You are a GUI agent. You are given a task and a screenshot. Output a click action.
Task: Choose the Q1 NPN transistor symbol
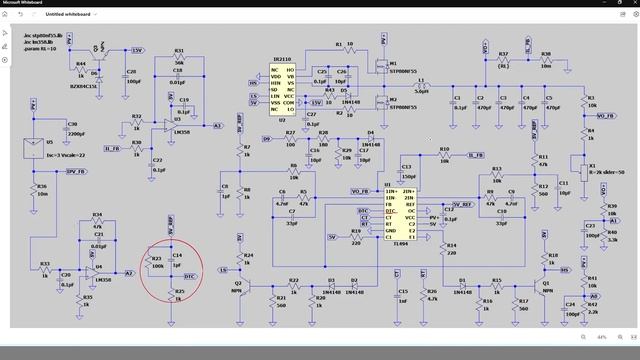coord(549,283)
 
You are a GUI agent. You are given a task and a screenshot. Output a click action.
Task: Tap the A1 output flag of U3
coord(218,126)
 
